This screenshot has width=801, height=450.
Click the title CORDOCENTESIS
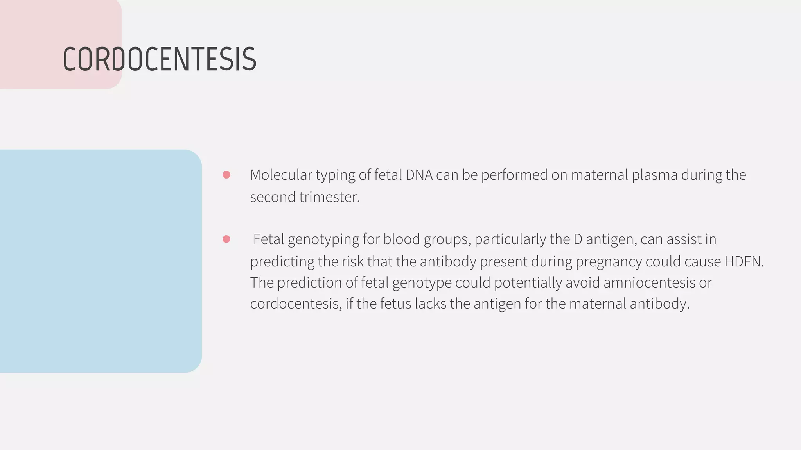click(159, 59)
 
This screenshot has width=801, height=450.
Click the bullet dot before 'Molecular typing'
click(226, 175)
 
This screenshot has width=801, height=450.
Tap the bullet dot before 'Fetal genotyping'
click(226, 239)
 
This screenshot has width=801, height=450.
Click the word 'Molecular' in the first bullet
click(281, 175)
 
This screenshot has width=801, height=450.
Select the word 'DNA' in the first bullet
click(419, 175)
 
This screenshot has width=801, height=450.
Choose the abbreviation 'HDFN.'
click(744, 261)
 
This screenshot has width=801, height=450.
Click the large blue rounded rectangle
click(98, 261)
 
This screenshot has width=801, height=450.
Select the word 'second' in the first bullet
click(273, 197)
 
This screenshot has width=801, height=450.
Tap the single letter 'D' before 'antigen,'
click(578, 239)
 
